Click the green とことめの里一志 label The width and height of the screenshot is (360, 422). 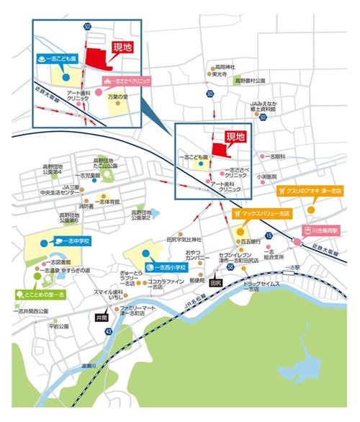coord(40,296)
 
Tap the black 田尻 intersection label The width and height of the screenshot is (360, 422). coord(214,284)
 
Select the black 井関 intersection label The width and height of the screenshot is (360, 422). coord(102,317)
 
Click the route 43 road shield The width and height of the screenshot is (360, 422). coord(109,331)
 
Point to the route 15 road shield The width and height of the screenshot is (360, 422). coord(268,236)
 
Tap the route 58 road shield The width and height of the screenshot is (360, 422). coord(229,267)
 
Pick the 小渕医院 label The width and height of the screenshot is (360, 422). coord(268,176)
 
